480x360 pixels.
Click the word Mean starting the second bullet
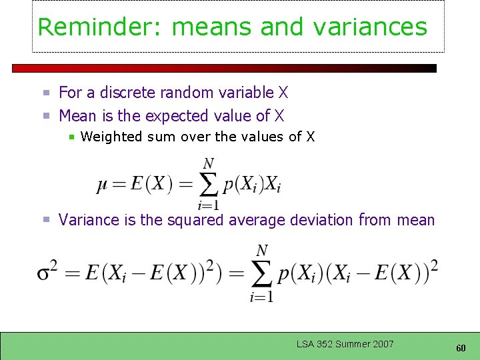tap(77, 116)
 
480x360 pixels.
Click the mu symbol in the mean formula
tap(102, 184)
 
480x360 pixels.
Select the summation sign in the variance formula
tap(261, 273)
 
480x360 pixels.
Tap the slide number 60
tap(461, 348)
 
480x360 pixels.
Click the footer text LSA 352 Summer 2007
tap(345, 344)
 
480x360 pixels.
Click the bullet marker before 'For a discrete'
tap(47, 93)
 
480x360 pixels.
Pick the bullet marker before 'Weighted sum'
tap(72, 137)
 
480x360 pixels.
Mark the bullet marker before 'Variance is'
tap(47, 220)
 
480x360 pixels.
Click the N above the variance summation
tap(262, 251)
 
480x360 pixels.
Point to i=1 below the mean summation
tap(208, 205)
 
